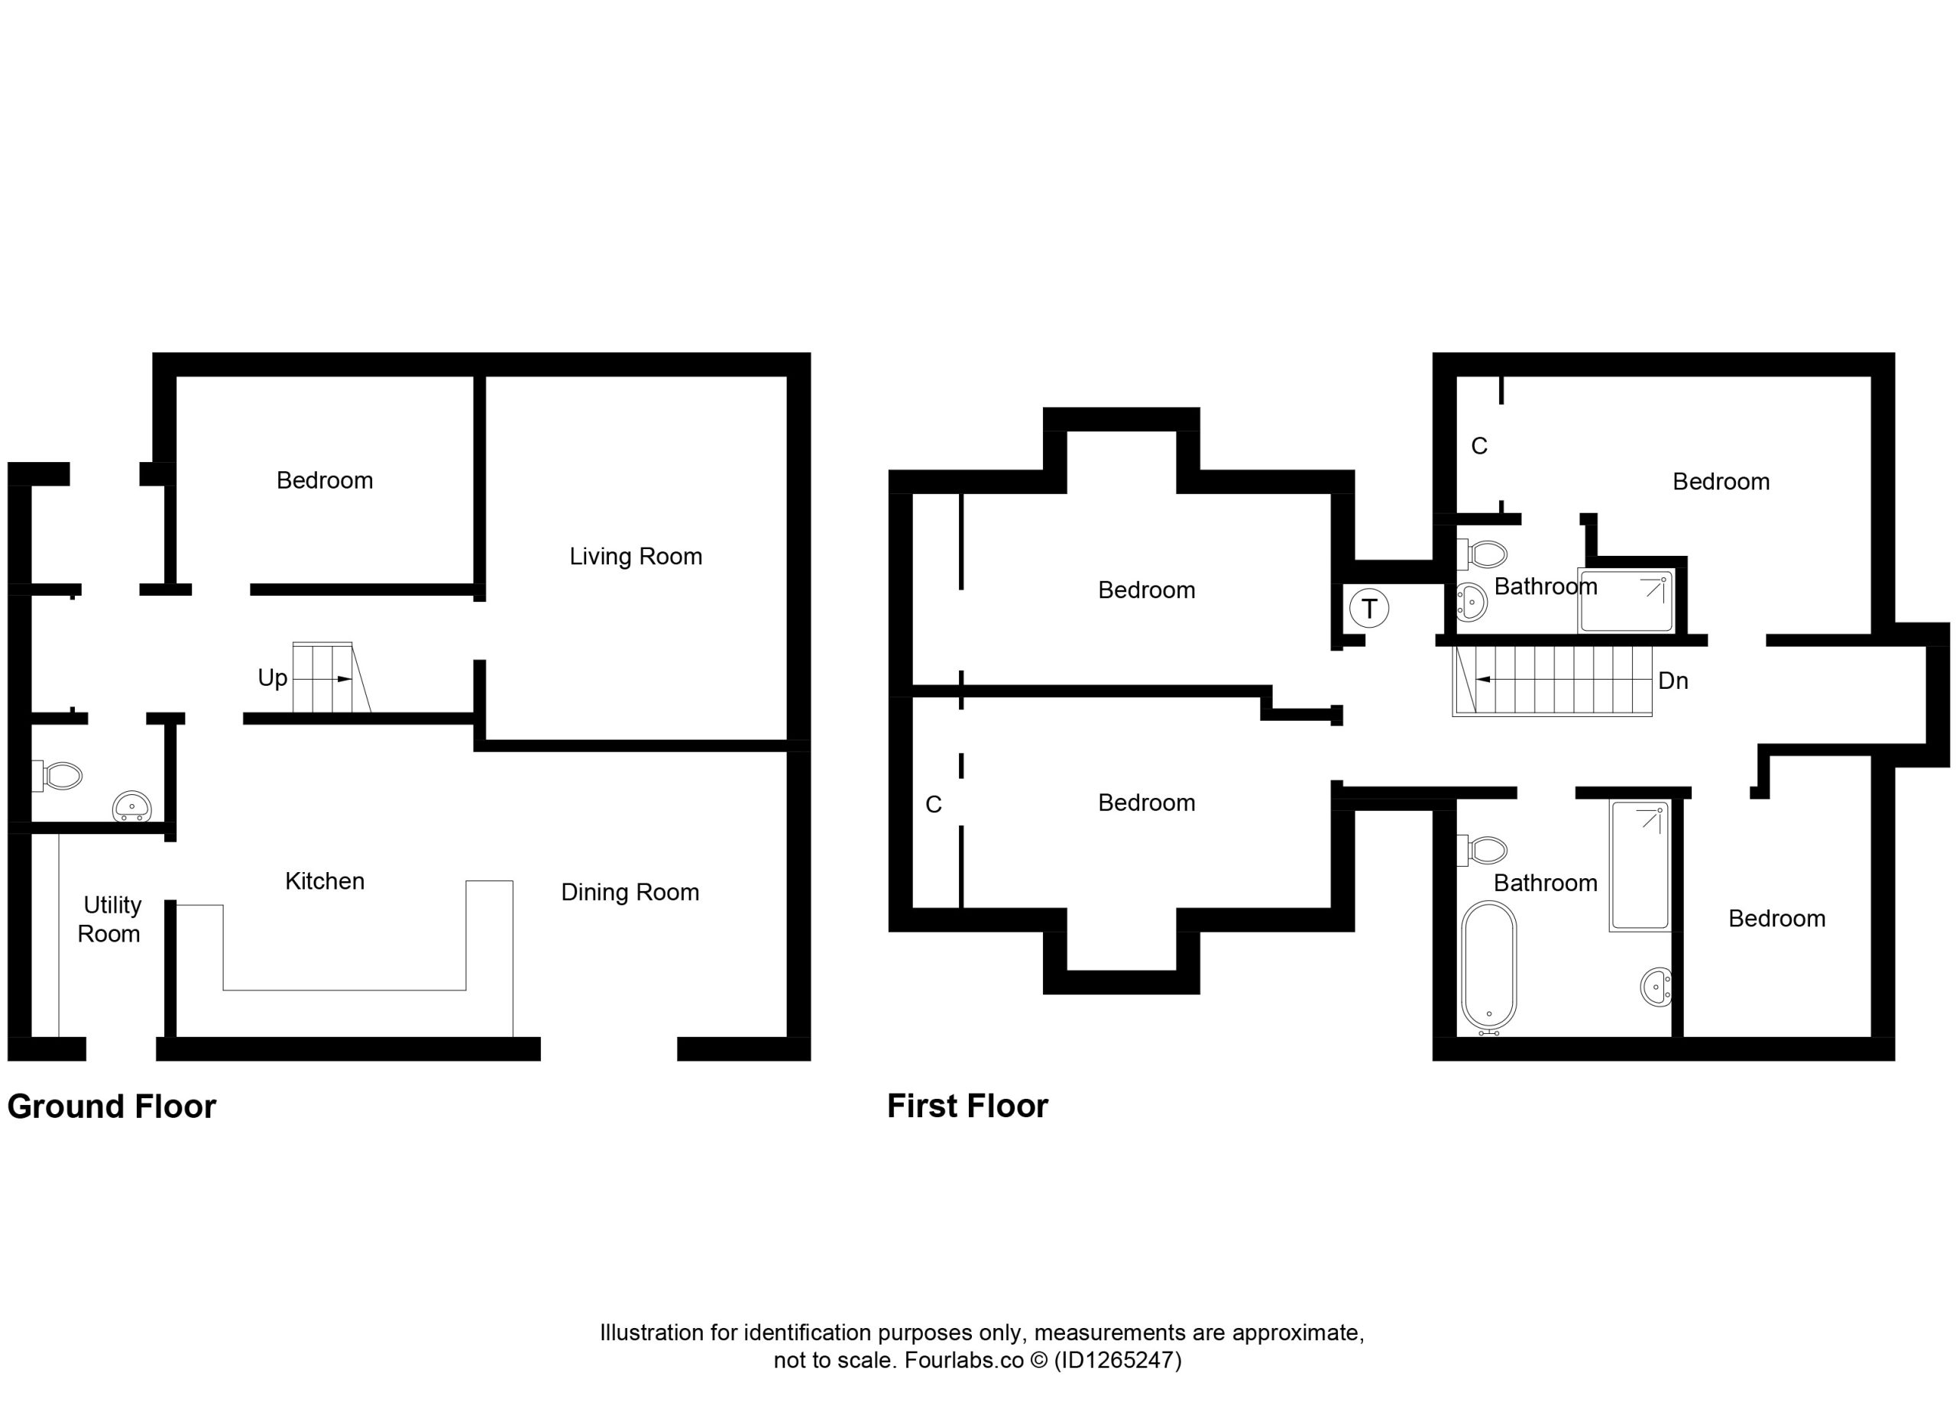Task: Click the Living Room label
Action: (636, 556)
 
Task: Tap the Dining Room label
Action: (630, 892)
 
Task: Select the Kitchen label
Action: (324, 881)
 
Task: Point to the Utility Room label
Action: (110, 919)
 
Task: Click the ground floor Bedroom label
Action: (324, 480)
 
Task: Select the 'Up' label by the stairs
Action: (273, 678)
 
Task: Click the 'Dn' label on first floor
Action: (1673, 680)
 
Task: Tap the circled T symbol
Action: (1368, 609)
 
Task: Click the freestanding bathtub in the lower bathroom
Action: (1489, 968)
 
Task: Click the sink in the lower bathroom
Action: (1656, 987)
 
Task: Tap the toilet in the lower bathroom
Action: (1482, 850)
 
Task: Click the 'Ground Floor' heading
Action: (112, 1107)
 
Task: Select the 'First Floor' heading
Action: (967, 1106)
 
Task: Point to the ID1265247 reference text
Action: (1118, 1360)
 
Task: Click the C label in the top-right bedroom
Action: (1479, 446)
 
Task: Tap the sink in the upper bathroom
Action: (1472, 602)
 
